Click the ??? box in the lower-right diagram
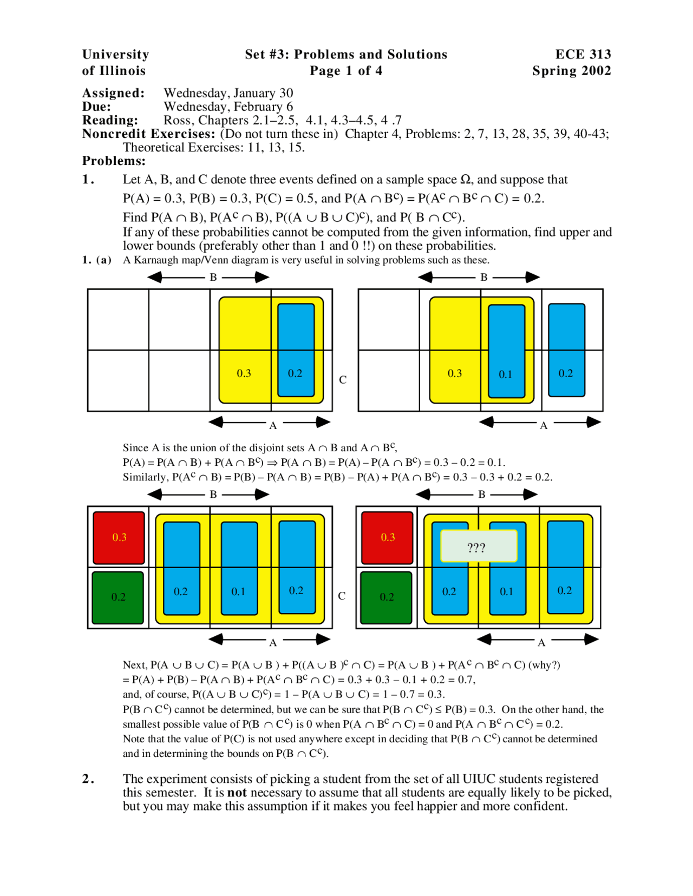tap(479, 546)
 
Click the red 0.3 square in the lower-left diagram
tap(119, 537)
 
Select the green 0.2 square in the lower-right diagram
tap(387, 597)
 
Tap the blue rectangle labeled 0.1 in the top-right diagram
tap(506, 351)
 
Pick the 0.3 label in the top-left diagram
tap(244, 373)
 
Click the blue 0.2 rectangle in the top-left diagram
tap(296, 350)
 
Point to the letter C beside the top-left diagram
tap(343, 380)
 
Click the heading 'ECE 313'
tap(583, 54)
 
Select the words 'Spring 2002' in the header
tap(571, 71)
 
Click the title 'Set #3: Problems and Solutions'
tap(346, 54)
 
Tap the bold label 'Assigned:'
tap(113, 93)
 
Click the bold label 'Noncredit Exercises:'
tap(148, 134)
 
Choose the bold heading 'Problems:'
tap(114, 161)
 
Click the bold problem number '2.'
tap(88, 779)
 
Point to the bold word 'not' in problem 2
tap(237, 793)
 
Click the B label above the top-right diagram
tap(484, 277)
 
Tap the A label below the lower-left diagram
tap(273, 642)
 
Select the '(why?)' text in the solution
tap(544, 665)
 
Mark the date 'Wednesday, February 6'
tap(228, 107)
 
